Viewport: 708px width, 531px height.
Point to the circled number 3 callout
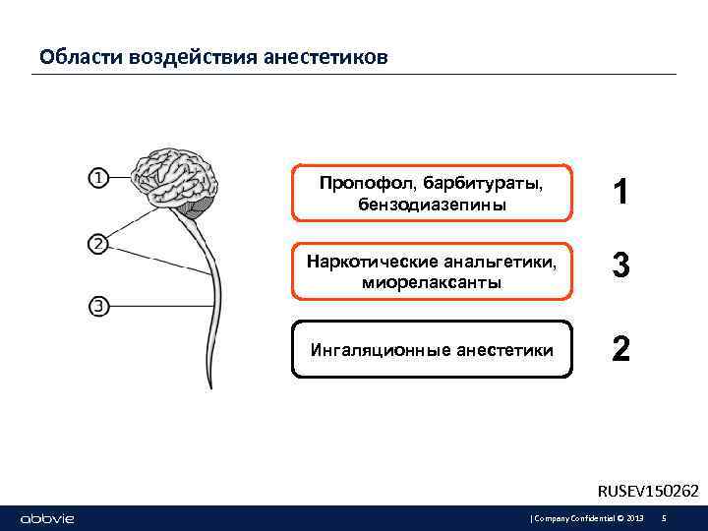point(99,306)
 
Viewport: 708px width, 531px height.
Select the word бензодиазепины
point(433,205)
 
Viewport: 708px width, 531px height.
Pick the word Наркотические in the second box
point(363,263)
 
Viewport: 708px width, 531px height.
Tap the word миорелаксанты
point(432,282)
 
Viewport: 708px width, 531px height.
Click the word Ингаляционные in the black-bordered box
point(369,350)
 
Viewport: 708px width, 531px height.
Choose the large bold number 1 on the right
point(620,193)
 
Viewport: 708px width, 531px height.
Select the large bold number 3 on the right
point(620,266)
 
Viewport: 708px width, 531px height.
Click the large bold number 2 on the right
point(620,349)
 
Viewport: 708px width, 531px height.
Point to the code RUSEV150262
point(648,490)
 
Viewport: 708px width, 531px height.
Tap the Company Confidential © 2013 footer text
point(588,518)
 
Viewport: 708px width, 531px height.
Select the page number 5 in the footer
point(665,518)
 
